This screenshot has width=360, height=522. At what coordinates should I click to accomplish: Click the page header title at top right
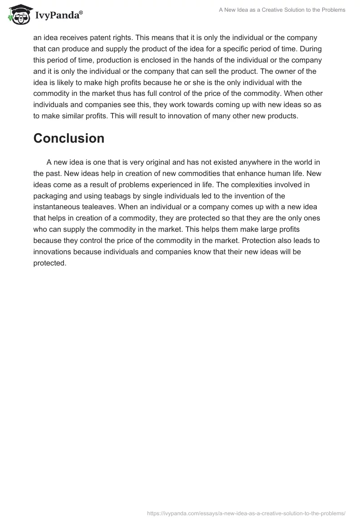[282, 10]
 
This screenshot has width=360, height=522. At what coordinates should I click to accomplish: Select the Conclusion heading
[69, 138]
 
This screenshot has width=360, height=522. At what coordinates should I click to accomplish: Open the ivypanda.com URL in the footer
[247, 513]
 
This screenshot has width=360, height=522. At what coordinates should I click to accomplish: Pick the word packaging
[53, 196]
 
